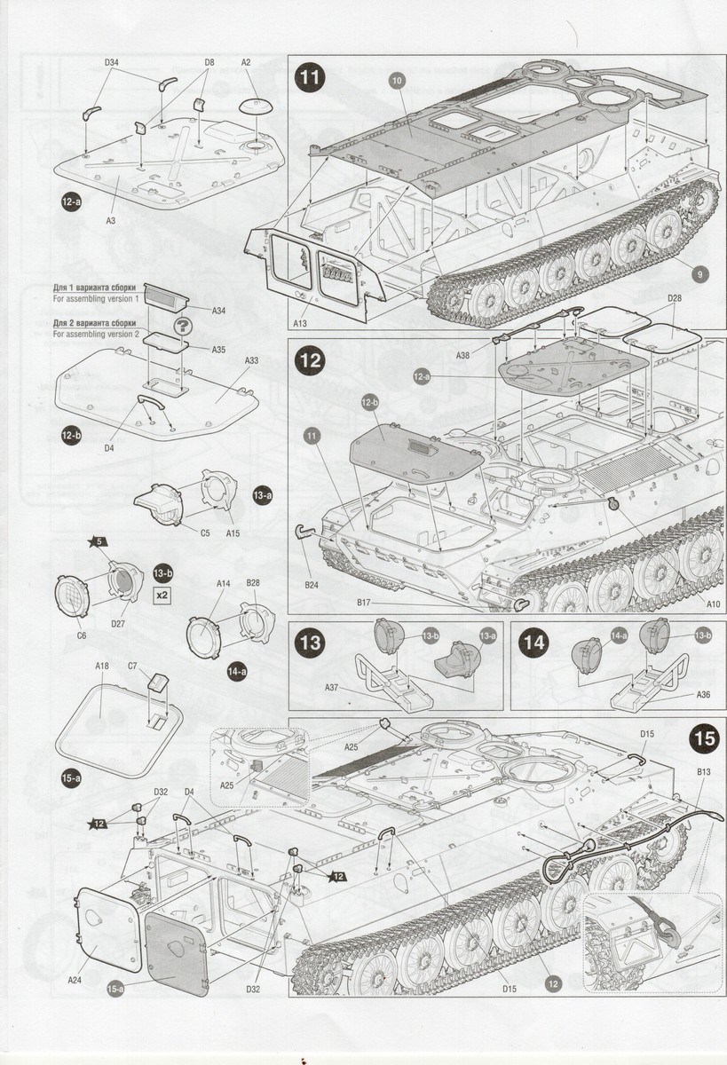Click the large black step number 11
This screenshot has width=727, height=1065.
coord(310,77)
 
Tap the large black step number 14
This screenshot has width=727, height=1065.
coord(533,643)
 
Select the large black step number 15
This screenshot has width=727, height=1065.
coord(705,738)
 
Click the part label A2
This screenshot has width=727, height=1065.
coord(246,62)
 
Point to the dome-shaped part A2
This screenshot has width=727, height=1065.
coord(257,106)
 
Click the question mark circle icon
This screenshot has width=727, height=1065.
coord(183,327)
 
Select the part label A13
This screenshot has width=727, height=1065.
coord(300,323)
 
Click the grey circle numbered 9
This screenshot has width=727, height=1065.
coord(699,274)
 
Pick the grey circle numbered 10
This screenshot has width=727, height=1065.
coord(397,81)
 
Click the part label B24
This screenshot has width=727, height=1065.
coord(312,585)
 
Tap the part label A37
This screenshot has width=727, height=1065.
coord(332,688)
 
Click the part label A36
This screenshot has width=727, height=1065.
coord(703,695)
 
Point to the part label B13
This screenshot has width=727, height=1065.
coord(704,771)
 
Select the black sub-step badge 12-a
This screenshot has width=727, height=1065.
coord(71,201)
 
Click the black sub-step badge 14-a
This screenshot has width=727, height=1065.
coord(237,672)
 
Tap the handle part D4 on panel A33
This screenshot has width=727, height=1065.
coord(151,401)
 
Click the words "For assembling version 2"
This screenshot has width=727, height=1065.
coord(96,335)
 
